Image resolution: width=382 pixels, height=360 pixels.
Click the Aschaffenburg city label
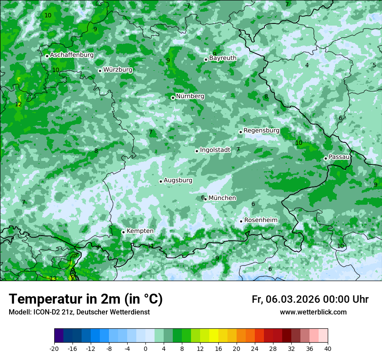coord(72,55)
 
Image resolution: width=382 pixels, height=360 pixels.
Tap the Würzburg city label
coord(118,70)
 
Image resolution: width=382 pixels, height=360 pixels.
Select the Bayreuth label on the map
coord(223,58)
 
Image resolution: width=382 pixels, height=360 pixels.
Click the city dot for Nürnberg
coord(173,98)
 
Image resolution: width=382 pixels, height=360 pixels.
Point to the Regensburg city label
coord(261,131)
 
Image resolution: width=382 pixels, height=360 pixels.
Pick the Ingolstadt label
coord(215,150)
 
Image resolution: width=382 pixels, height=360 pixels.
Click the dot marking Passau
coord(326,158)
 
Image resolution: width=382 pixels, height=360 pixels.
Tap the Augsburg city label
coord(178,180)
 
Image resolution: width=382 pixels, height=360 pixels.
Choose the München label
coord(222,198)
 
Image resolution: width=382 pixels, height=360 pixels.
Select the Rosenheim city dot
coord(241,221)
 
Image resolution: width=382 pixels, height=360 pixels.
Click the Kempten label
coord(140,231)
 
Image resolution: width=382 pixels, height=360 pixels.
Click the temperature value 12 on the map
coord(18,105)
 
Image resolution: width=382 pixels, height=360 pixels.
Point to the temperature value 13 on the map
coord(53,278)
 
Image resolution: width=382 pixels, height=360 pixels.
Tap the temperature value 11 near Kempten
coord(150,246)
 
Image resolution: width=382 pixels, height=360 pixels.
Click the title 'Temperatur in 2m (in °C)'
coord(86,299)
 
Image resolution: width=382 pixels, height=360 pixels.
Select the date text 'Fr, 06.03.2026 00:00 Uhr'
coord(310,299)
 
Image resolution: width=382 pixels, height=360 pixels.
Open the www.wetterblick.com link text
coord(313,312)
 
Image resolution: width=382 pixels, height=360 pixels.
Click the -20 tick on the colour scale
coord(54,348)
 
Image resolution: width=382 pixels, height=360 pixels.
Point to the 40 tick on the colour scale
coord(328,348)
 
